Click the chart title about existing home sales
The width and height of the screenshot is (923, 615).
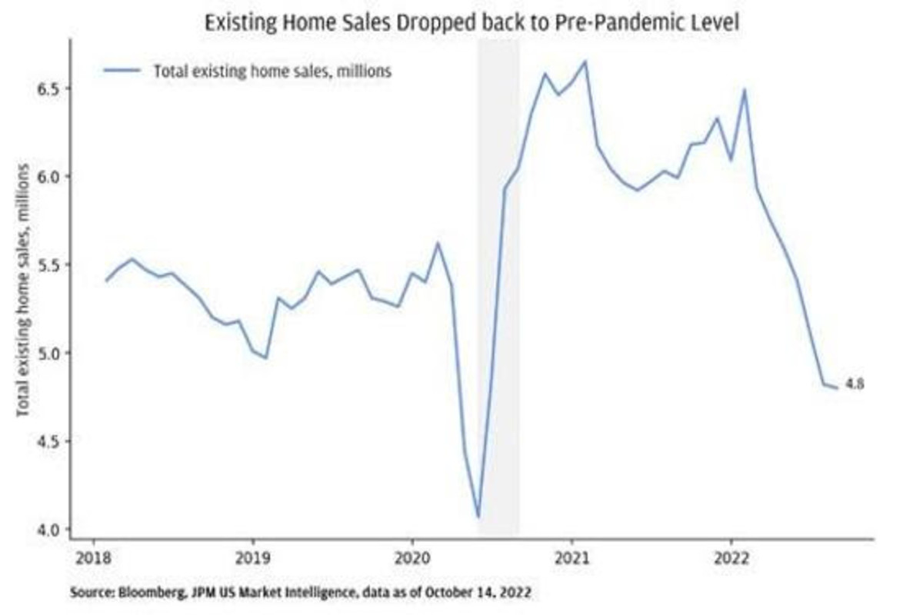click(x=471, y=23)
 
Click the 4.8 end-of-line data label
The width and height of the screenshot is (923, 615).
click(x=855, y=384)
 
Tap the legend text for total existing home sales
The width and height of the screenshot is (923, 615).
click(x=273, y=71)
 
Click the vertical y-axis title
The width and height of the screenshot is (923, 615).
click(x=23, y=291)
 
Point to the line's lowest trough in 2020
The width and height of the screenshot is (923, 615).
click(x=478, y=517)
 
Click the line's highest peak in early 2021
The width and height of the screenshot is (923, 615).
click(x=586, y=61)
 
